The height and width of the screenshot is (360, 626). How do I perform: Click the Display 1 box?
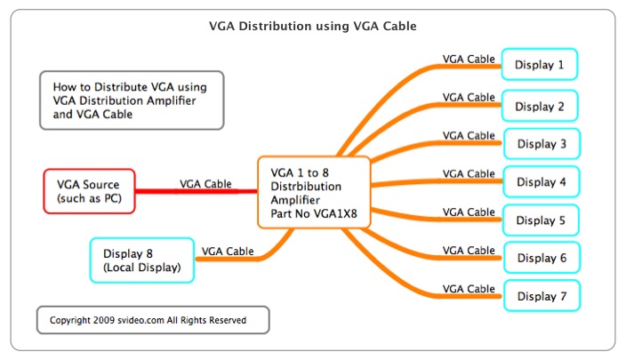pyautogui.click(x=541, y=64)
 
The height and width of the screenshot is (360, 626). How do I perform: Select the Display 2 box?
pyautogui.click(x=541, y=107)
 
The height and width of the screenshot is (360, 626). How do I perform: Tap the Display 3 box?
pyautogui.click(x=542, y=144)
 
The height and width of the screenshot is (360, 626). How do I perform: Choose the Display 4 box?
pyautogui.click(x=542, y=182)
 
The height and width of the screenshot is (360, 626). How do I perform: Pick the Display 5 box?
pyautogui.click(x=542, y=220)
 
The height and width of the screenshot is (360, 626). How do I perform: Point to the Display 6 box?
pyautogui.click(x=542, y=258)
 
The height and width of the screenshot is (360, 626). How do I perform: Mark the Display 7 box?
pyautogui.click(x=542, y=296)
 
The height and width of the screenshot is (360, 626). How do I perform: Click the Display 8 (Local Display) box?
pyautogui.click(x=142, y=259)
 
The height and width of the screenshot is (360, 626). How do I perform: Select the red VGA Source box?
pyautogui.click(x=89, y=190)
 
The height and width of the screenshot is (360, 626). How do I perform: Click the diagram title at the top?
pyautogui.click(x=312, y=27)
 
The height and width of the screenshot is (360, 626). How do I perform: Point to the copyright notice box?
pyautogui.click(x=152, y=320)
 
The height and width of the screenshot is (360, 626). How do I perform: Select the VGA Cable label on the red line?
pyautogui.click(x=206, y=183)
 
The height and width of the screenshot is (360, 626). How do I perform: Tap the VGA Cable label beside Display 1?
pyautogui.click(x=469, y=60)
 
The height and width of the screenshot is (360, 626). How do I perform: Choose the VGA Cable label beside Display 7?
pyautogui.click(x=469, y=289)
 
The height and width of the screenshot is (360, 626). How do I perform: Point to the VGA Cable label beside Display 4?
pyautogui.click(x=469, y=174)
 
